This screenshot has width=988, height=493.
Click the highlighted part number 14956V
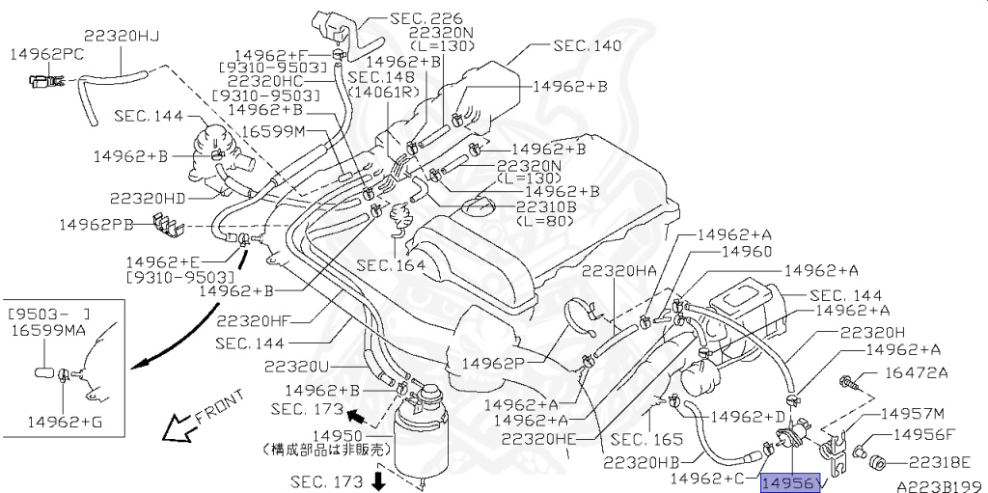click(791, 481)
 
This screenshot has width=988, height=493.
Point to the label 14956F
click(923, 435)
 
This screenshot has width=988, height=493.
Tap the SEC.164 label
click(390, 263)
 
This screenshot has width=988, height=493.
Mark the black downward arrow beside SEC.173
click(378, 479)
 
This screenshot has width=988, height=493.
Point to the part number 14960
click(746, 252)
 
